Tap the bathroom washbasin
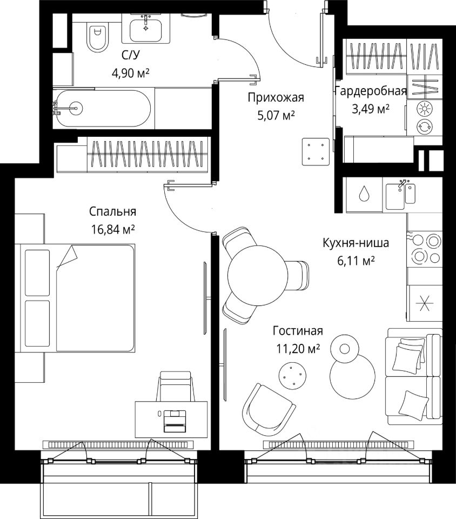click(x=146, y=27)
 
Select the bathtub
click(x=103, y=108)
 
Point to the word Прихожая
click(x=276, y=98)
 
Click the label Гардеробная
click(x=370, y=91)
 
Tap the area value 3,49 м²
click(x=371, y=109)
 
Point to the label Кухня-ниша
click(x=355, y=243)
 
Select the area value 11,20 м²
click(x=298, y=349)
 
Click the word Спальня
click(x=113, y=211)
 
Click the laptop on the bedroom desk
click(x=174, y=420)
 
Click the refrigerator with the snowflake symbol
click(x=424, y=305)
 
